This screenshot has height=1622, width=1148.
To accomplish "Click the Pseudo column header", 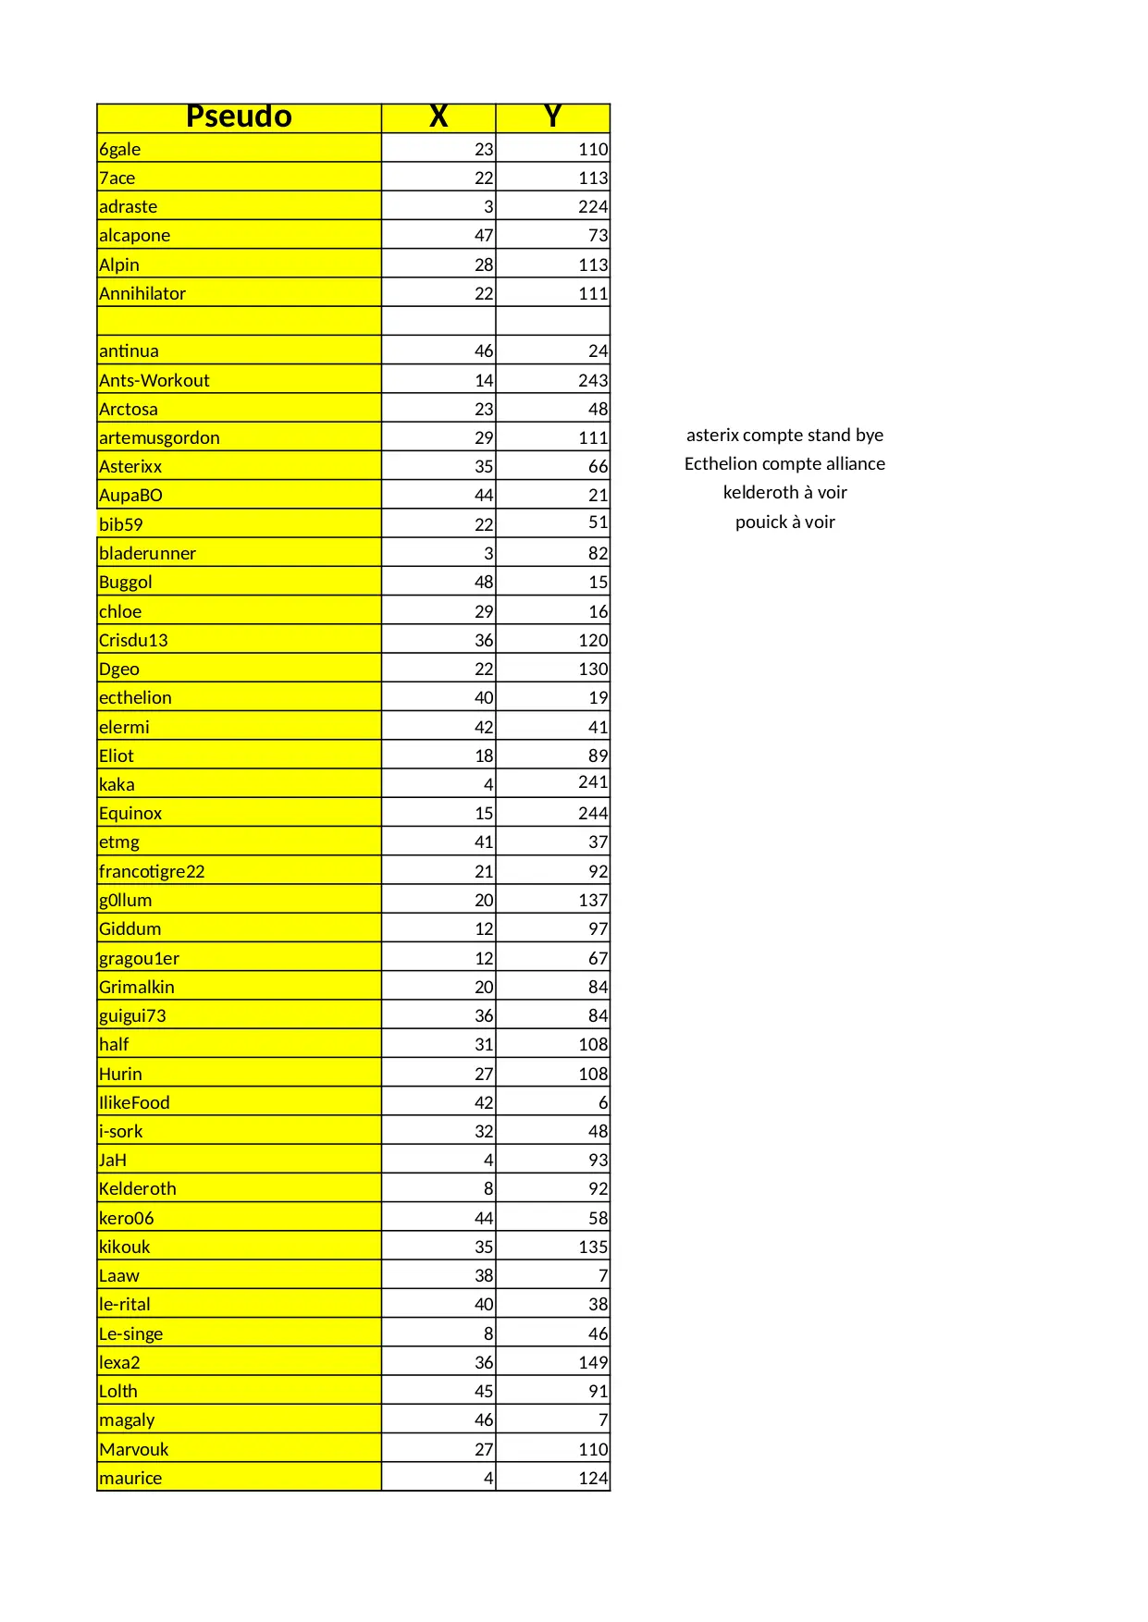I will (x=239, y=117).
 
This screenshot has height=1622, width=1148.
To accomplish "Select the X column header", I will (x=438, y=117).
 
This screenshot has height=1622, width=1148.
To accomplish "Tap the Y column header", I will (x=552, y=117).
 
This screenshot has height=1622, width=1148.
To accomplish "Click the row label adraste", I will (x=129, y=206).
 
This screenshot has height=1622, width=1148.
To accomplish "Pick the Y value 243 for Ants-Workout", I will (x=593, y=380).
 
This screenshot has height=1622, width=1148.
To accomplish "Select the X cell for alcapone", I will (x=484, y=235).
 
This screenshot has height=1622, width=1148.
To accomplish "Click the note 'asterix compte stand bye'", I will (x=784, y=435).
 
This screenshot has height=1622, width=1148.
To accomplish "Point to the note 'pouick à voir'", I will (x=784, y=522).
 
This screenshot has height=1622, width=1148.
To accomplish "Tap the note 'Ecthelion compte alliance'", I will (x=784, y=463).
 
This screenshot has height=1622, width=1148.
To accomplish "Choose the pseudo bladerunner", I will (x=148, y=553).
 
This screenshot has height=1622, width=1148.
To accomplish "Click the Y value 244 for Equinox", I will (x=593, y=813).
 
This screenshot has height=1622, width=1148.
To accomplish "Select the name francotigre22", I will (x=152, y=871).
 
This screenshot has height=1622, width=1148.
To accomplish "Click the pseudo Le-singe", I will (x=131, y=1333).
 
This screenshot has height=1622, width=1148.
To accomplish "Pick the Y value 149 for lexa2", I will (x=593, y=1362).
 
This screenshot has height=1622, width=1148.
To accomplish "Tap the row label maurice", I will (x=130, y=1478).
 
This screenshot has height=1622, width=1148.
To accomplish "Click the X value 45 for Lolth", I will (x=484, y=1391).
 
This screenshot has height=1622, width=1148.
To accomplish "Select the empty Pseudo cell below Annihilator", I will (x=239, y=321).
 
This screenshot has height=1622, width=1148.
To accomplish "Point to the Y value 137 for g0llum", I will (x=593, y=900).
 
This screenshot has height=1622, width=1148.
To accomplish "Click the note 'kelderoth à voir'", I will (x=784, y=492).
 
